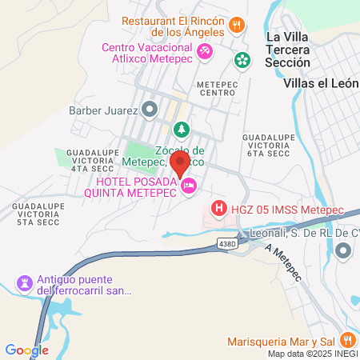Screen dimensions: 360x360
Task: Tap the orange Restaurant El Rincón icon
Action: coord(236,24)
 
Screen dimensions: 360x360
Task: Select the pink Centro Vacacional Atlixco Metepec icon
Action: coord(205,51)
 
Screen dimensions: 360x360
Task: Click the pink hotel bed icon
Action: coord(189,186)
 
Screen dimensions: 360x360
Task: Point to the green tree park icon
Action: coord(182,129)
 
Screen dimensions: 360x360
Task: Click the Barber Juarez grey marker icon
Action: coord(150,109)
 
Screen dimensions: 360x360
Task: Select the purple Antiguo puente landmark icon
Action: coord(23,283)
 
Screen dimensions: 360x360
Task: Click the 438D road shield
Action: coord(228,242)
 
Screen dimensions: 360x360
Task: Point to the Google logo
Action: coord(26,350)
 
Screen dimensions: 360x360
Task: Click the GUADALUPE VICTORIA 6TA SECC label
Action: coord(267,148)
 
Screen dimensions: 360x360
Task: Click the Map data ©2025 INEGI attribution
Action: coord(313,354)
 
